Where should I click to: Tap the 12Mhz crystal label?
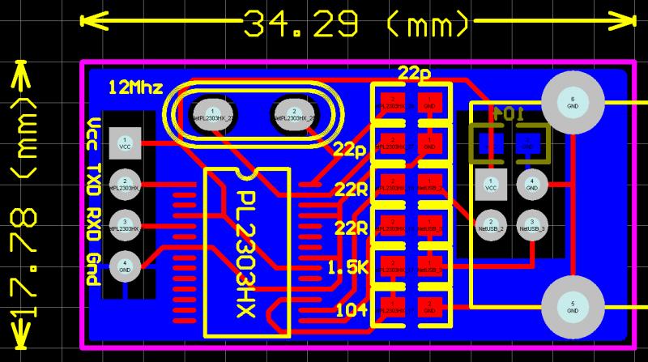[136, 87]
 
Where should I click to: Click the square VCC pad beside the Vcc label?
[125, 143]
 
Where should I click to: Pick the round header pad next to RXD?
[125, 224]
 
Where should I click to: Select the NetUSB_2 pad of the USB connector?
[491, 224]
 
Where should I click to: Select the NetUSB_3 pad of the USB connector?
[531, 224]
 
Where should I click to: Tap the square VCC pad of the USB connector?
[491, 184]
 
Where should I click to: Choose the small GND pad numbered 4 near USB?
[531, 184]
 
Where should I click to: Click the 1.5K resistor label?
[347, 267]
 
